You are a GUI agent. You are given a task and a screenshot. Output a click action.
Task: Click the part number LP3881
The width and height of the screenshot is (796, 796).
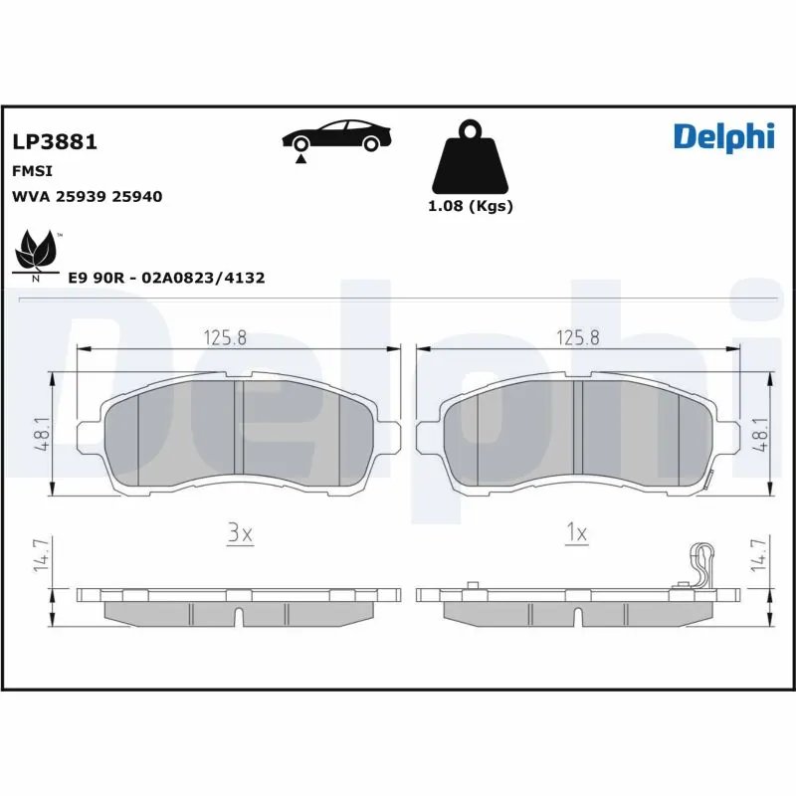54,142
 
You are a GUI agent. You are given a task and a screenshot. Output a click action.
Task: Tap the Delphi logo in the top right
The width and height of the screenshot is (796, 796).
723,136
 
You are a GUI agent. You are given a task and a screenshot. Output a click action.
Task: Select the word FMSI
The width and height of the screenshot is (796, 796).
31,171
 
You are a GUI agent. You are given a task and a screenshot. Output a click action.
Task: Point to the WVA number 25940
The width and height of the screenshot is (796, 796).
138,197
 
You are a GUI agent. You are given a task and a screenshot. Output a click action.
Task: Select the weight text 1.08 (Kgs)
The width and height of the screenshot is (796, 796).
470,207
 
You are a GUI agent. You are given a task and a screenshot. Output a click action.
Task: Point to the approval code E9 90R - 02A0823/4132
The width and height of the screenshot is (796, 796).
166,279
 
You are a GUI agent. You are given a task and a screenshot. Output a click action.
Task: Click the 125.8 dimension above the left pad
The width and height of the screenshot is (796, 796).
225,337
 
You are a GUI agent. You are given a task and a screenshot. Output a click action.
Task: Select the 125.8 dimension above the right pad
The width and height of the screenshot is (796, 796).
578,337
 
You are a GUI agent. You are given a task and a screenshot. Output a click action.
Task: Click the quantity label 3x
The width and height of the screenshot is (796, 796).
240,534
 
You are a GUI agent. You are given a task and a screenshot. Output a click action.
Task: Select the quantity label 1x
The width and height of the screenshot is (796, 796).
576,534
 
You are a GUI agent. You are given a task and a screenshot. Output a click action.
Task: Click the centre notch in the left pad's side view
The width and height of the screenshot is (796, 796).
240,615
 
